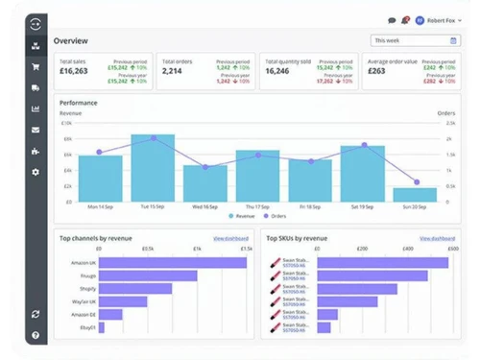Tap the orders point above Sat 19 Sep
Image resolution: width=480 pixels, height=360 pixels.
coord(364,145)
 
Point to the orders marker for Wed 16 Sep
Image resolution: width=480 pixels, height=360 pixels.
coord(205,167)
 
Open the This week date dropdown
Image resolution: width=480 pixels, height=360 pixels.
coord(416,40)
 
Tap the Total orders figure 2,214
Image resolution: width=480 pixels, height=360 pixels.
coord(173,71)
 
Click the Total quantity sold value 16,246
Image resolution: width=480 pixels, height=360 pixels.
coord(276,71)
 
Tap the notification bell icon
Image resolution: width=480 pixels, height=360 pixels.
coord(406,19)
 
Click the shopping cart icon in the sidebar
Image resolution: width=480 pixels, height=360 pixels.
coord(36,66)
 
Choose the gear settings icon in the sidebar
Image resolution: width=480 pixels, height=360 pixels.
coord(36,172)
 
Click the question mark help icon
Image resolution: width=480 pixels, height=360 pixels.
coord(36,335)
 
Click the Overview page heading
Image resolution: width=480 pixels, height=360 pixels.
coord(72,41)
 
